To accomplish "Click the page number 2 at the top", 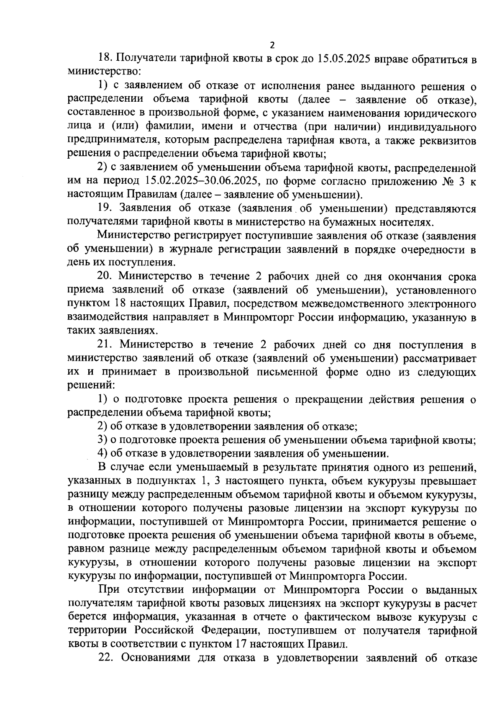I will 272,45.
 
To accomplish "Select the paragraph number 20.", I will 104,277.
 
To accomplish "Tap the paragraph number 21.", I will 104,345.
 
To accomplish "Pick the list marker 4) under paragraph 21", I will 102,454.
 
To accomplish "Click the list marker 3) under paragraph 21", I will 102,440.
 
